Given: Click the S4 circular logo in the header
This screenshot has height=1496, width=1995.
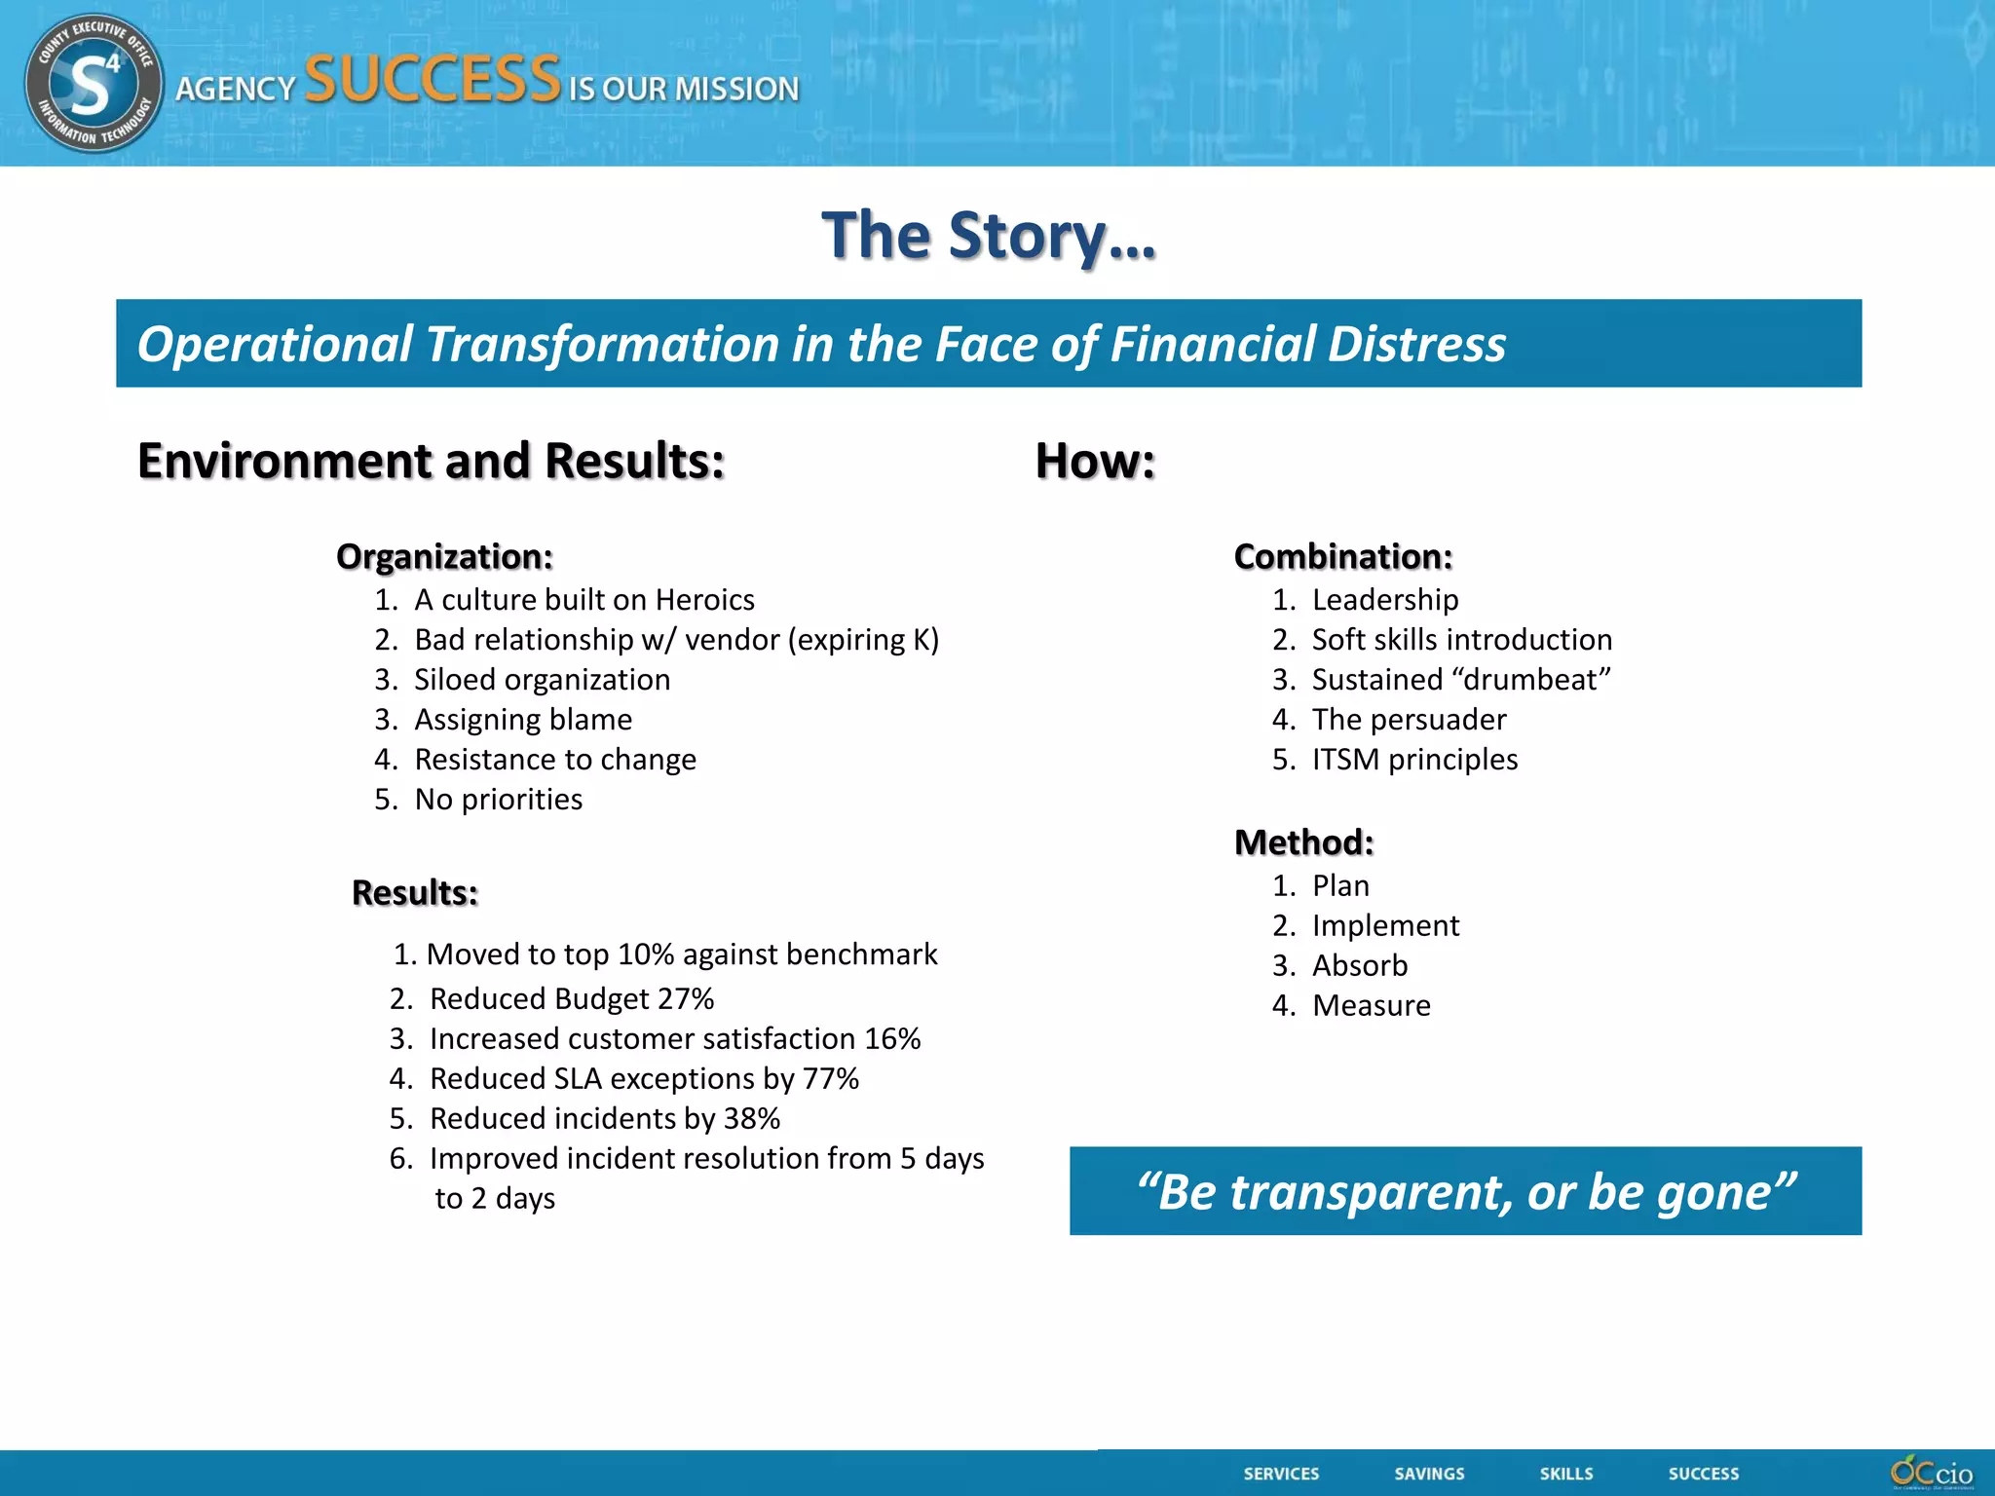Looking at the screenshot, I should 94,84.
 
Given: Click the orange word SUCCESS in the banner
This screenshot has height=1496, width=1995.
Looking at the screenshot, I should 433,80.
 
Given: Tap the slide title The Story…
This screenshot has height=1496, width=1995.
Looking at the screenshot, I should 989,236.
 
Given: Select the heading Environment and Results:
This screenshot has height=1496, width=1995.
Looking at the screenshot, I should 431,461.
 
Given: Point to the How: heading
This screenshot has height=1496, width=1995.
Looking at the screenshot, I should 1095,461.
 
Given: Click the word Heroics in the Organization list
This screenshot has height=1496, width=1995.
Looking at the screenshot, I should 704,600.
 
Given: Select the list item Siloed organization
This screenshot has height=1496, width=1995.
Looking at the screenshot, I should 542,680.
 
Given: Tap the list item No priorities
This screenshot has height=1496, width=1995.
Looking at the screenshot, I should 498,800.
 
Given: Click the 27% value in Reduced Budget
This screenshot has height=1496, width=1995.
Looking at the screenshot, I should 686,999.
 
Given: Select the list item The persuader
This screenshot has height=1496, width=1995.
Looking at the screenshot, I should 1409,720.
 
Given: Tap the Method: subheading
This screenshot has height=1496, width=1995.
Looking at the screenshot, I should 1303,842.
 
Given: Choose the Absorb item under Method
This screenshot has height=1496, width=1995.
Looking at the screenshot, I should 1360,966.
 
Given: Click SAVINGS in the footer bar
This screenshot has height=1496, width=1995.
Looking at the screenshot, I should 1429,1474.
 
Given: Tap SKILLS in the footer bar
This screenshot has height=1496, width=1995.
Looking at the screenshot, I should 1566,1474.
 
